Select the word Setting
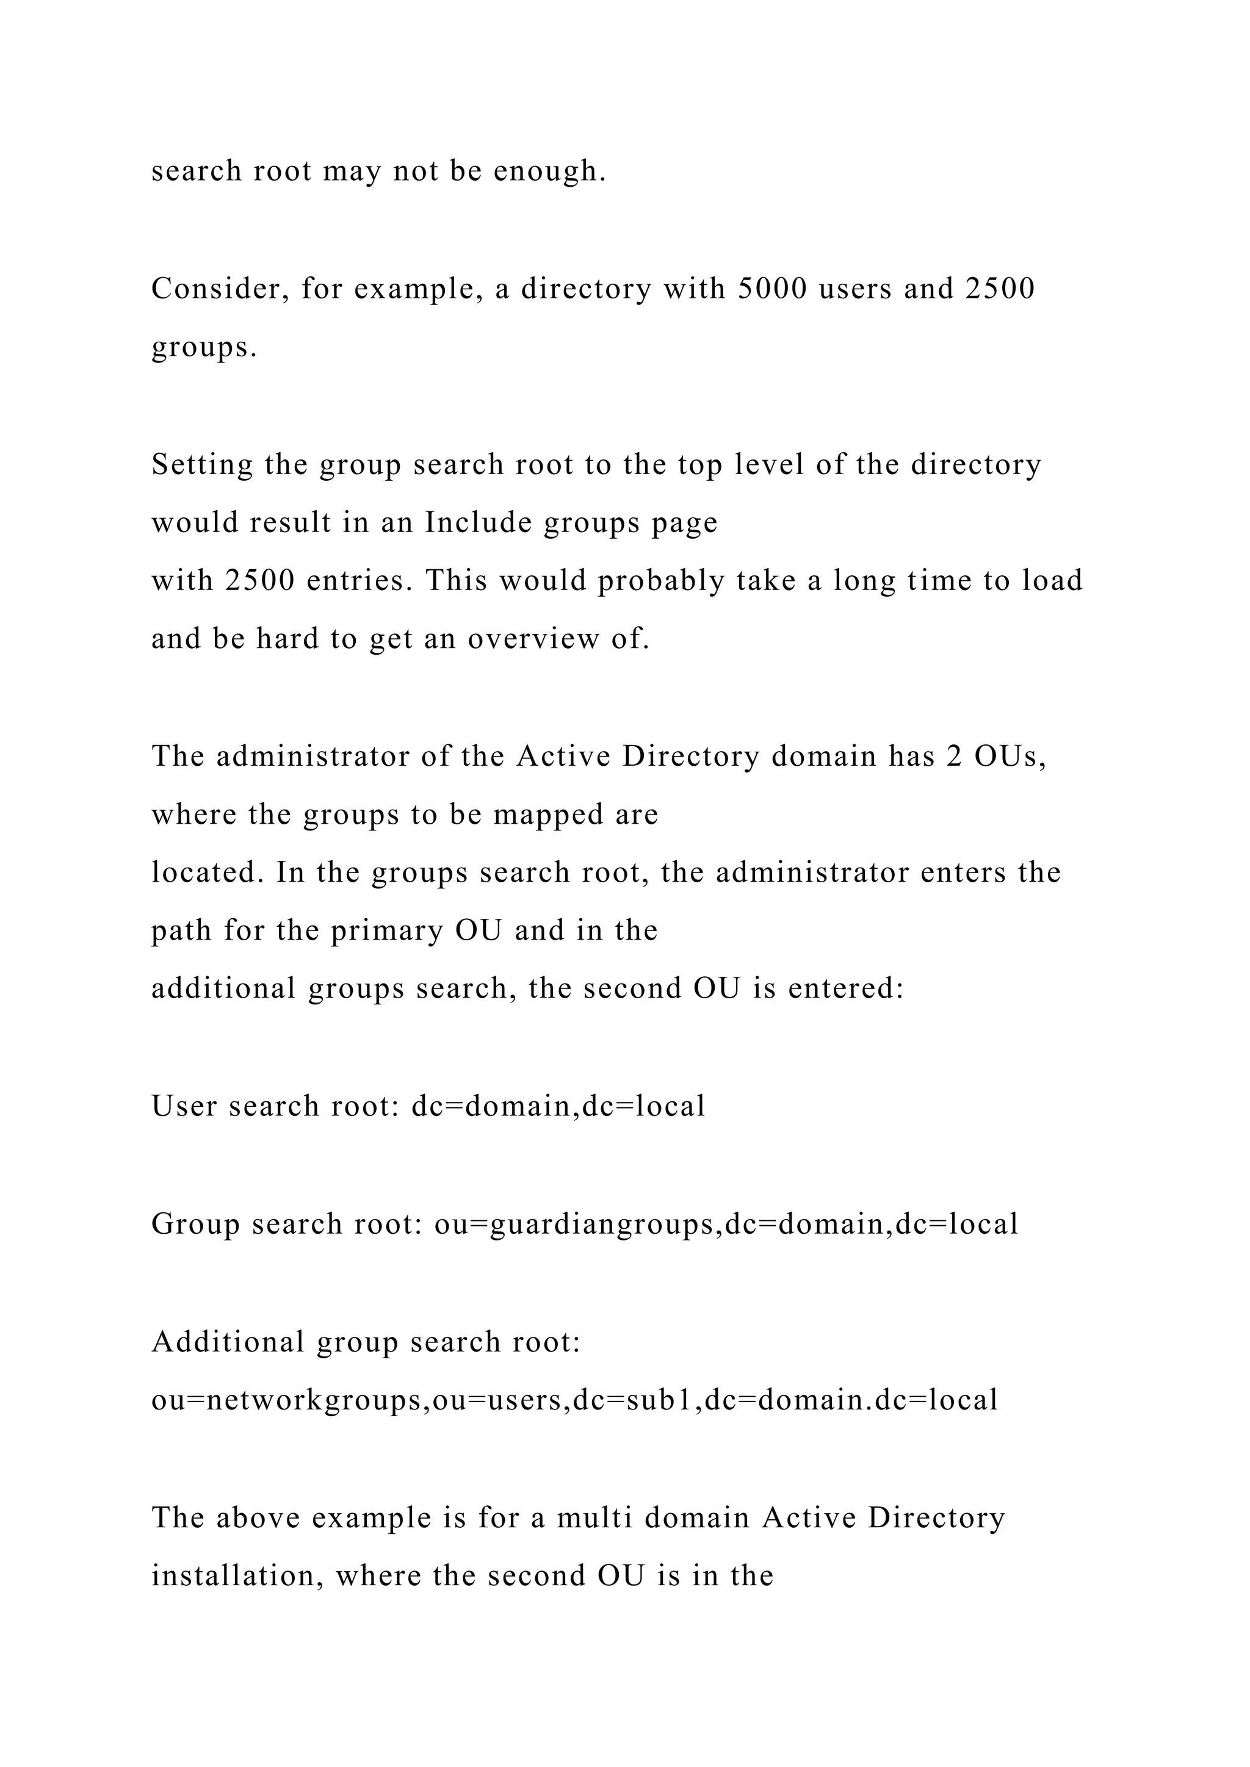[x=201, y=465]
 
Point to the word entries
[x=354, y=581]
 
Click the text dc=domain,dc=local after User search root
[x=558, y=1107]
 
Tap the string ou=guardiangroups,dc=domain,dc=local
[x=726, y=1224]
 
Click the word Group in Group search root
[x=195, y=1224]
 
